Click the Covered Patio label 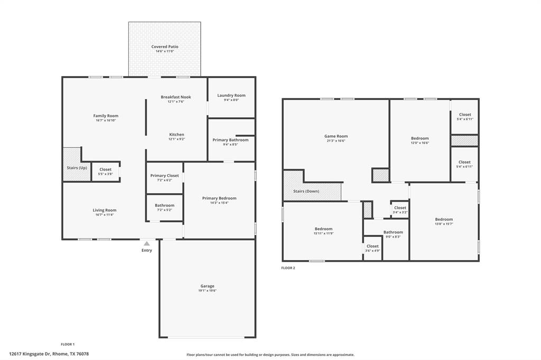(x=165, y=47)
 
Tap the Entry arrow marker (x=146, y=243)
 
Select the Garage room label (x=207, y=286)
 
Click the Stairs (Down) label (x=306, y=191)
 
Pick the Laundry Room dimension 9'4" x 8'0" (x=231, y=100)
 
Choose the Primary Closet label (x=164, y=176)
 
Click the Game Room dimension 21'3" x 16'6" (x=336, y=141)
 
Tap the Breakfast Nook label (x=176, y=97)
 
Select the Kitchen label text (x=176, y=135)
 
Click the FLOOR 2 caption (x=288, y=268)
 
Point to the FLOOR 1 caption (x=68, y=344)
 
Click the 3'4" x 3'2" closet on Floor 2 (x=400, y=210)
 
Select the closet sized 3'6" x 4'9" (x=372, y=249)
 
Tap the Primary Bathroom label (x=230, y=140)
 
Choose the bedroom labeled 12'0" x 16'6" (x=420, y=140)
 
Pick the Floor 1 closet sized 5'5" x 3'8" (x=105, y=172)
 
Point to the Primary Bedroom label (x=219, y=198)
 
